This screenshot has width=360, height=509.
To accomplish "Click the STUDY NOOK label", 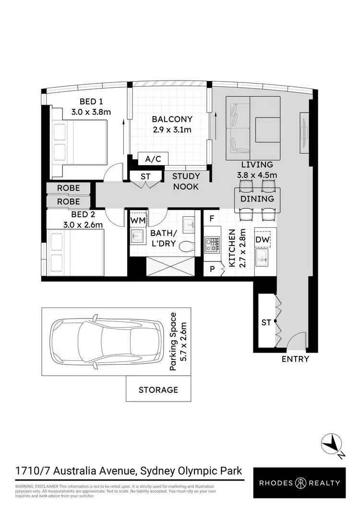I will tap(185, 181).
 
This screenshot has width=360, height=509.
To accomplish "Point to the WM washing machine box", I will tap(138, 220).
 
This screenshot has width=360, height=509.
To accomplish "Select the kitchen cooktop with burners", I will tap(212, 245).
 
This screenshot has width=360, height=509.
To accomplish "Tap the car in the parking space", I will tap(106, 341).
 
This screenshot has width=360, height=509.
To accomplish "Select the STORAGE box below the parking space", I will tap(158, 389).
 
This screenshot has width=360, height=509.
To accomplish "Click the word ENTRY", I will tap(295, 359).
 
